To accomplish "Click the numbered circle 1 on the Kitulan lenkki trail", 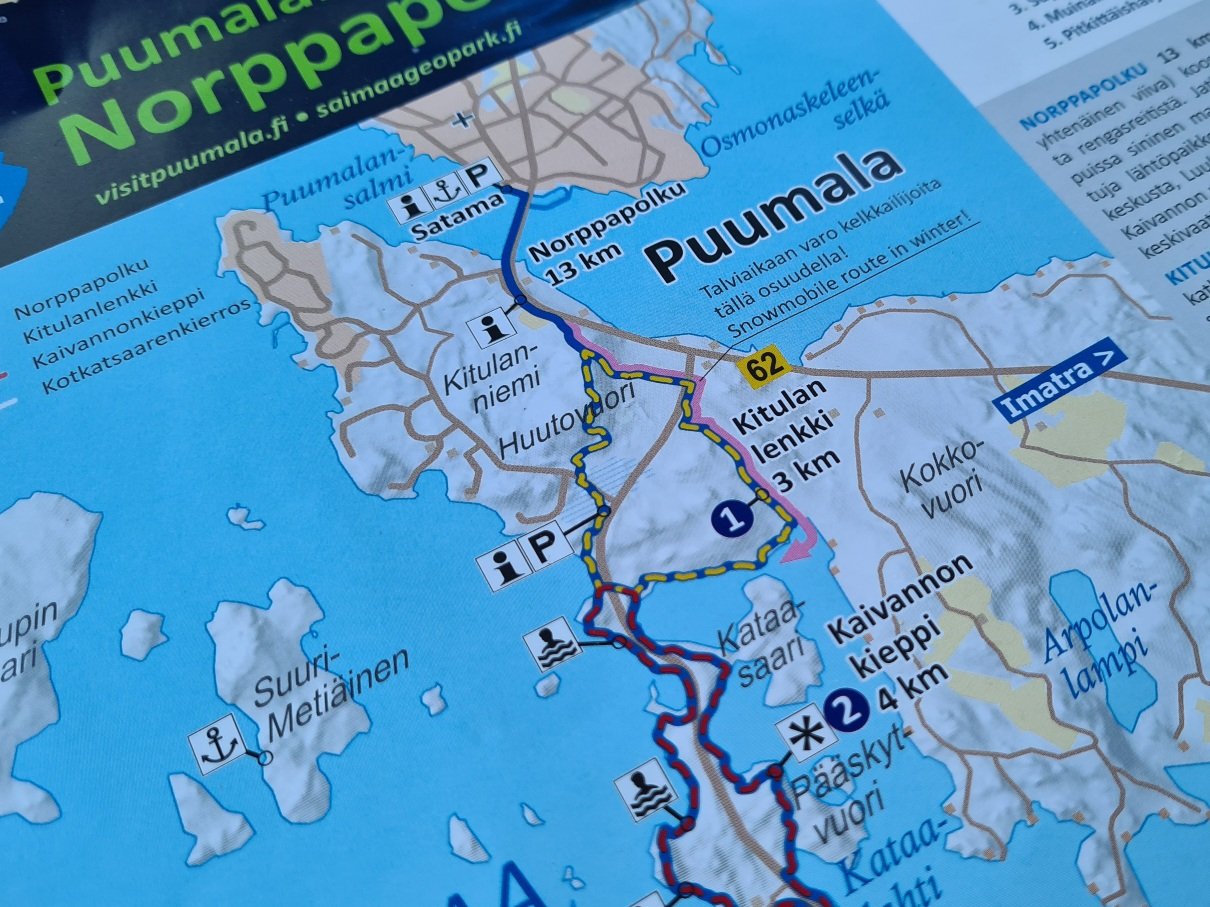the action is [x=731, y=518].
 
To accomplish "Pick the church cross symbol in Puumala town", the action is [x=461, y=121].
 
